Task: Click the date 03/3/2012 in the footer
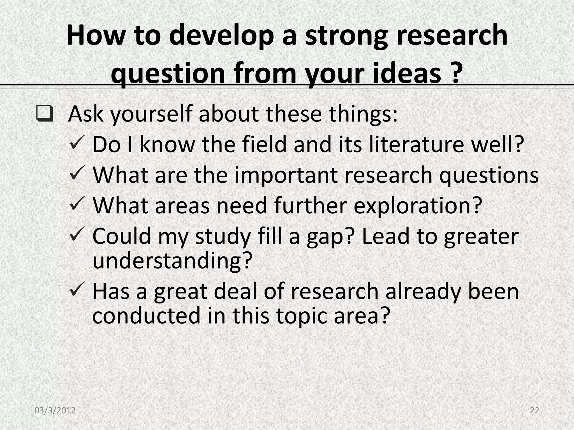55,410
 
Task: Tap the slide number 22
534,410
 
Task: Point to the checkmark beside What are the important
77,173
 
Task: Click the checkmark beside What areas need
77,204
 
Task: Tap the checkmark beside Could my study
77,234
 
